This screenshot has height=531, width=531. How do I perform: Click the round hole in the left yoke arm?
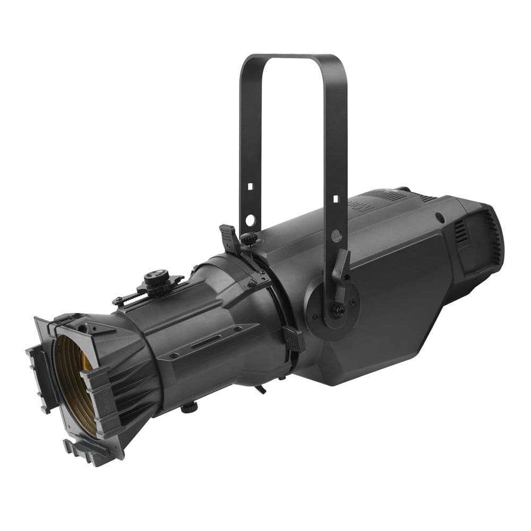pos(250,219)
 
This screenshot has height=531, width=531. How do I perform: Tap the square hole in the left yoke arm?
pos(248,187)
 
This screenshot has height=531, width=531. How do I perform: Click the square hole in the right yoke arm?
pos(336,199)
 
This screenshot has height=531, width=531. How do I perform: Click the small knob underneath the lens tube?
pos(187,408)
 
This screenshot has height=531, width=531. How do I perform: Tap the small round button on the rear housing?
pos(440,217)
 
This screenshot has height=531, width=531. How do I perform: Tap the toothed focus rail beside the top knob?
pos(127,298)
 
